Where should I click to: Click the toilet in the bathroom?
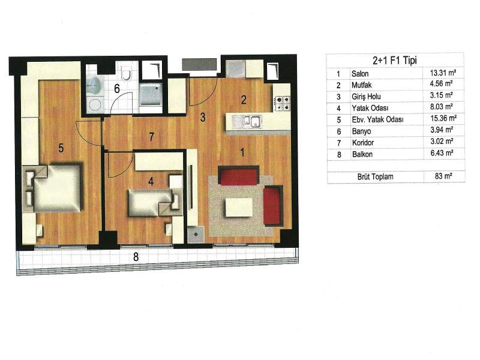126,73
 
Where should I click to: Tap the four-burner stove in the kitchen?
282,103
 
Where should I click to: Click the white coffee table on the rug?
239,207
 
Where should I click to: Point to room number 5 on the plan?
61,148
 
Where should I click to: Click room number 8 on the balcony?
136,257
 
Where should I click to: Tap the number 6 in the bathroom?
116,89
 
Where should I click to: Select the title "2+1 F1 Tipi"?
395,61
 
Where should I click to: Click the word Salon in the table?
360,74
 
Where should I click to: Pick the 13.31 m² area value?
443,73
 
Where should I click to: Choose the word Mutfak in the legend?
362,85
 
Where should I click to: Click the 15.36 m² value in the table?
443,118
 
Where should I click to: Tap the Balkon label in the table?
362,154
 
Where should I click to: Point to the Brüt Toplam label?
376,176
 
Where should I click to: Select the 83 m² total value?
443,176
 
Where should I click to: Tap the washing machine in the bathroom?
95,104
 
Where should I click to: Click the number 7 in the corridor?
151,137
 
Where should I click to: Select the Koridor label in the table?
363,143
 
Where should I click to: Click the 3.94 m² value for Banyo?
442,130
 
